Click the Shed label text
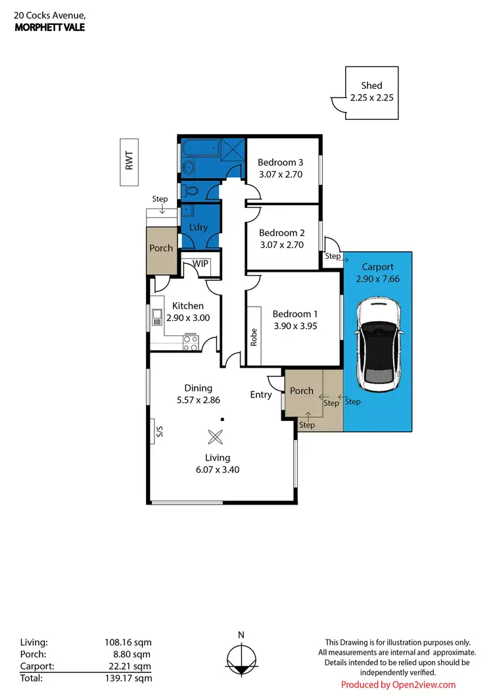(x=371, y=86)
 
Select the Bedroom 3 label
(x=281, y=162)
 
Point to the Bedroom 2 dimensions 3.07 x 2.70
(x=282, y=245)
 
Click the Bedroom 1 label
(x=295, y=313)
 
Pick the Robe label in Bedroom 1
(x=254, y=337)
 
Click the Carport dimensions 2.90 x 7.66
(x=378, y=279)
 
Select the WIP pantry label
(x=200, y=264)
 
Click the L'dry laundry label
(x=199, y=228)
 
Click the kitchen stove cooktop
(x=190, y=342)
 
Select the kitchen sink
(x=157, y=318)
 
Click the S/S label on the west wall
(x=158, y=432)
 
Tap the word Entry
(x=261, y=395)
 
